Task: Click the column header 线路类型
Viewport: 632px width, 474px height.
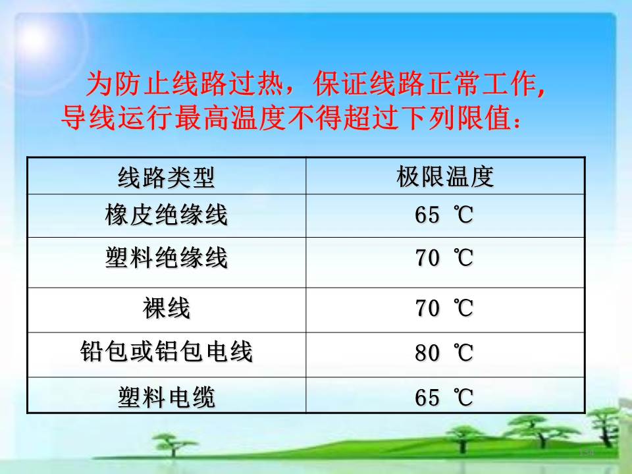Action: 166,177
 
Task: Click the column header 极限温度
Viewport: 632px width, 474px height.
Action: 445,176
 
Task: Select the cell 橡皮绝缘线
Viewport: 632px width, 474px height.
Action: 166,215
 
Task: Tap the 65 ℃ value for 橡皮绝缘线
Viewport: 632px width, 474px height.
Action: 444,215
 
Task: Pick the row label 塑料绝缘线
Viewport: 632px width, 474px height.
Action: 166,257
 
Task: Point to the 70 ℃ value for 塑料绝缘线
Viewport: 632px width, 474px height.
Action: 444,258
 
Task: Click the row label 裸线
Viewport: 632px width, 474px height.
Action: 166,308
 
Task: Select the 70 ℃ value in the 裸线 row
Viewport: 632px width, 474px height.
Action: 444,308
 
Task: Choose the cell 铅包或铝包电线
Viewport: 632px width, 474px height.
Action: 166,351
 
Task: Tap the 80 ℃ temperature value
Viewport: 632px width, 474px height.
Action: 444,353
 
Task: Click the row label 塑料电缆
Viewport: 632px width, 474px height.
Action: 166,397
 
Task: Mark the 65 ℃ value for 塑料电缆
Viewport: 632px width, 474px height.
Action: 444,398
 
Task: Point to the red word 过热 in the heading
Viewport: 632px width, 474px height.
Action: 255,84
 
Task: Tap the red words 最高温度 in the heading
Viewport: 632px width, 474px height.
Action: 230,118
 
